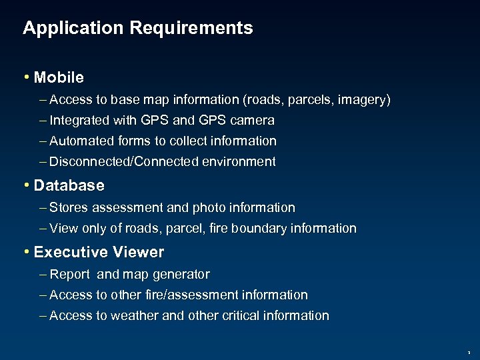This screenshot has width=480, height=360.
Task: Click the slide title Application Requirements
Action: pos(137,28)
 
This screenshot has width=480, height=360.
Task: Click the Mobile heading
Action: pos(59,77)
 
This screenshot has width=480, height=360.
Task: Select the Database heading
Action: pos(69,184)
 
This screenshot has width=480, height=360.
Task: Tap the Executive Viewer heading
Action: pos(99,252)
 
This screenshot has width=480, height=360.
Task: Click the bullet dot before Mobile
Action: pos(26,77)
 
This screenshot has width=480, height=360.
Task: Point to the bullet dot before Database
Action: pos(26,184)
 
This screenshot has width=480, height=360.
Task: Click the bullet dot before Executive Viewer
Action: pos(26,252)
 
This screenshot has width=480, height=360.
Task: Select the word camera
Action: pos(251,121)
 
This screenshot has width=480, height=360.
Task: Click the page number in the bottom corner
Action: pos(468,352)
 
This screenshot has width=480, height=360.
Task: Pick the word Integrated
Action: pos(80,121)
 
